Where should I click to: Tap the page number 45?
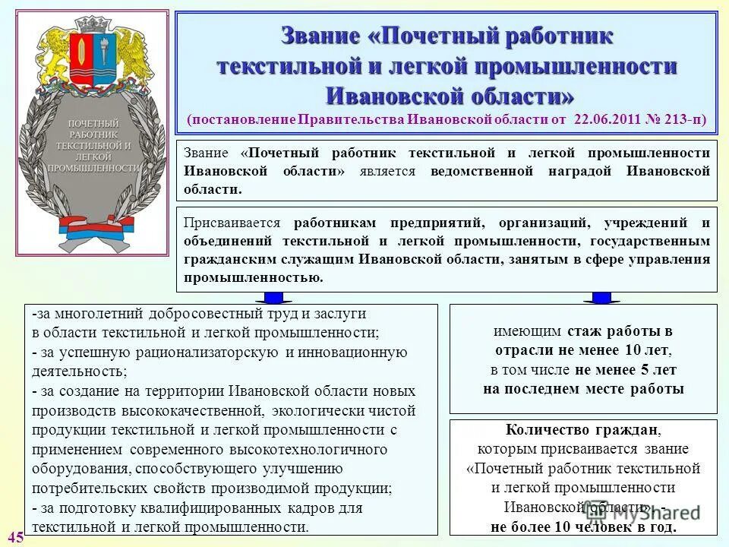(16, 537)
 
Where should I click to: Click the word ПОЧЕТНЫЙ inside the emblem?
(93, 123)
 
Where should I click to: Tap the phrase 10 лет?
(649, 351)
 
